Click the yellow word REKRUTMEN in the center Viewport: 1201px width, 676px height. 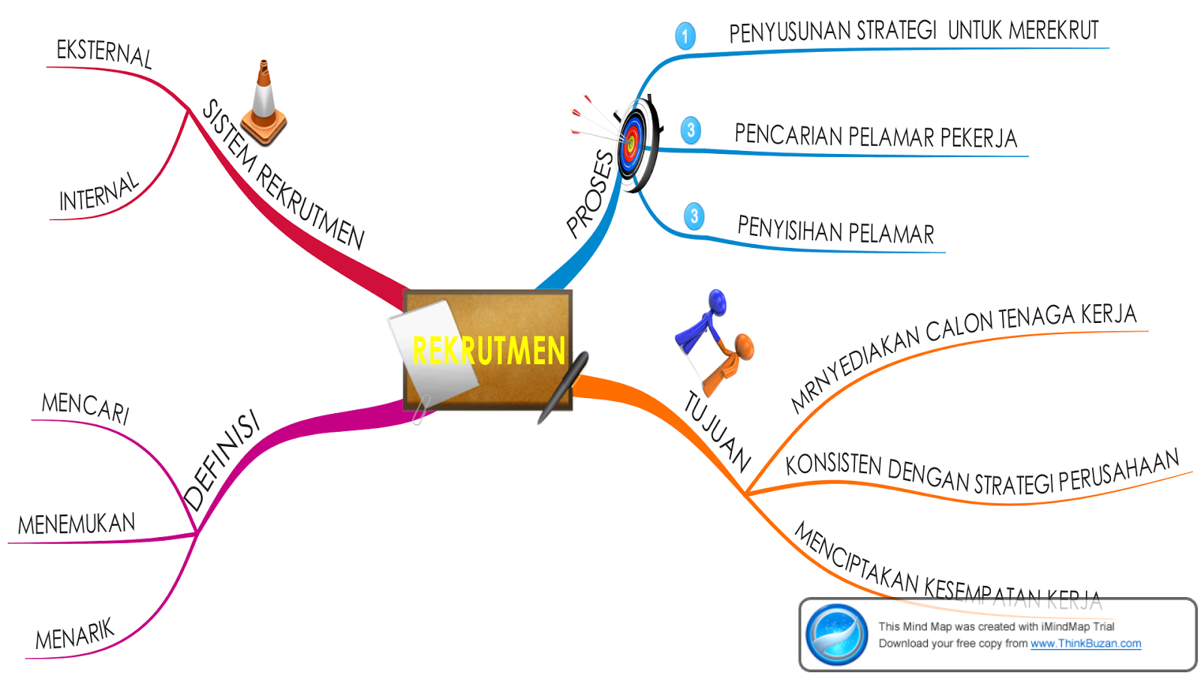point(489,351)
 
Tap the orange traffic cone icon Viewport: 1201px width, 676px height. point(264,105)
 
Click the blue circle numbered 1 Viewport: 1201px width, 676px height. point(685,36)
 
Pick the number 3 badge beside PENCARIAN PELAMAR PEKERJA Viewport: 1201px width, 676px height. point(691,130)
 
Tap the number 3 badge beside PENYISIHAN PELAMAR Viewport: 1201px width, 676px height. point(694,217)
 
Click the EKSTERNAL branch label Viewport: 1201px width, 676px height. point(104,53)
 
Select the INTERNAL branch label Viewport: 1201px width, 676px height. point(99,192)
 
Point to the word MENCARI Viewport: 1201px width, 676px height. point(86,407)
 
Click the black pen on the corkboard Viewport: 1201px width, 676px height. point(564,386)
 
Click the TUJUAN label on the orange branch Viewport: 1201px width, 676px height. point(717,432)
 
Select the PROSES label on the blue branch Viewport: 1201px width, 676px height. point(591,194)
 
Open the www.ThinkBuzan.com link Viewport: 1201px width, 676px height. point(1085,644)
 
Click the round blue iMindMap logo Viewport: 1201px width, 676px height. point(836,635)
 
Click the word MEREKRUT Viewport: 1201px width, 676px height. point(1053,30)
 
